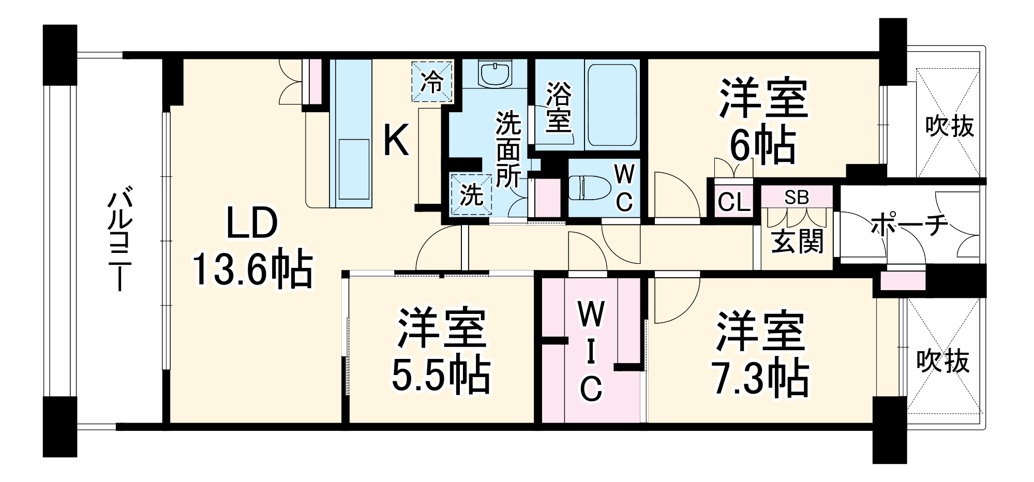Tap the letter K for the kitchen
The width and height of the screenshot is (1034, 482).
point(396,141)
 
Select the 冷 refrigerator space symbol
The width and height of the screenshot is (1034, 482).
point(432,82)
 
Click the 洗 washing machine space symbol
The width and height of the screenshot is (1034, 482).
point(471,195)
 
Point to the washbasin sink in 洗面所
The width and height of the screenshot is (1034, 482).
point(496,75)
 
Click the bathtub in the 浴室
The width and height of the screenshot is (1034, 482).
point(612,106)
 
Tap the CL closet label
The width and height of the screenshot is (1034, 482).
point(734,202)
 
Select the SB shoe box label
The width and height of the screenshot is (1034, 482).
point(796,197)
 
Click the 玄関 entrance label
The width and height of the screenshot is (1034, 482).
point(797,240)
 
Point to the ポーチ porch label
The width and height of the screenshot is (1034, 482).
point(909,225)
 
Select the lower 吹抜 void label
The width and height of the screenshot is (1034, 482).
point(942,361)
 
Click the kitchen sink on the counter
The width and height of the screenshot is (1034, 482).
point(354,168)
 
